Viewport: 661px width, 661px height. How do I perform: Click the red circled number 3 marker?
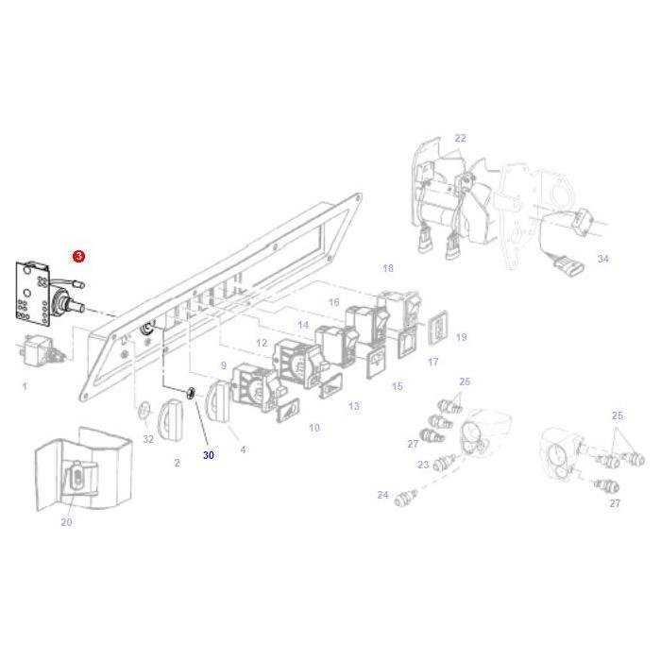(x=79, y=257)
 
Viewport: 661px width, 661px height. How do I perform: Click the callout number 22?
(x=460, y=138)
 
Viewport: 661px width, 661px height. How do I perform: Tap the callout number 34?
(x=603, y=258)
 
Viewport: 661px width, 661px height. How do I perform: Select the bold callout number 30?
(x=209, y=455)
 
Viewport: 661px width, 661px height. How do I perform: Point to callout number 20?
(x=66, y=522)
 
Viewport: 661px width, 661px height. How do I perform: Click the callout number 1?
(x=25, y=386)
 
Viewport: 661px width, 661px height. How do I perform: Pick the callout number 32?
(x=148, y=439)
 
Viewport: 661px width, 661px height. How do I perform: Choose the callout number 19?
(x=461, y=337)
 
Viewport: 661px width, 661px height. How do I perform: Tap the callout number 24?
(x=382, y=495)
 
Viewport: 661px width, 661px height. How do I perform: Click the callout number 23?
(x=423, y=465)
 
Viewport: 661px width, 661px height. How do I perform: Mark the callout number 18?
(x=387, y=269)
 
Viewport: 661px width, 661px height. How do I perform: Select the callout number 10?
(x=314, y=428)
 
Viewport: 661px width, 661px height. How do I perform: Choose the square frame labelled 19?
(x=440, y=326)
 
